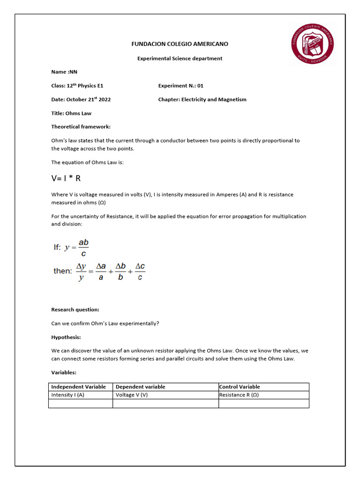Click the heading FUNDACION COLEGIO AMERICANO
pyautogui.click(x=180, y=44)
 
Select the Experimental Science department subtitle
pyautogui.click(x=180, y=59)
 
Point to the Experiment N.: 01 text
pyautogui.click(x=180, y=86)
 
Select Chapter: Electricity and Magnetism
pyautogui.click(x=202, y=99)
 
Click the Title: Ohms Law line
pyautogui.click(x=71, y=113)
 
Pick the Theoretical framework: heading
pyautogui.click(x=81, y=127)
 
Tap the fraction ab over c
pyautogui.click(x=83, y=248)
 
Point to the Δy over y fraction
pyautogui.click(x=81, y=271)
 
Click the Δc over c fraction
pyautogui.click(x=140, y=271)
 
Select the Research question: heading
pyautogui.click(x=75, y=310)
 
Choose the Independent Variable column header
pyautogui.click(x=79, y=387)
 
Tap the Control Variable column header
pyautogui.click(x=240, y=387)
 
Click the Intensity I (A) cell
pyautogui.click(x=68, y=395)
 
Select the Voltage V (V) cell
pyautogui.click(x=132, y=395)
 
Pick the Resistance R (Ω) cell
pyautogui.click(x=239, y=395)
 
